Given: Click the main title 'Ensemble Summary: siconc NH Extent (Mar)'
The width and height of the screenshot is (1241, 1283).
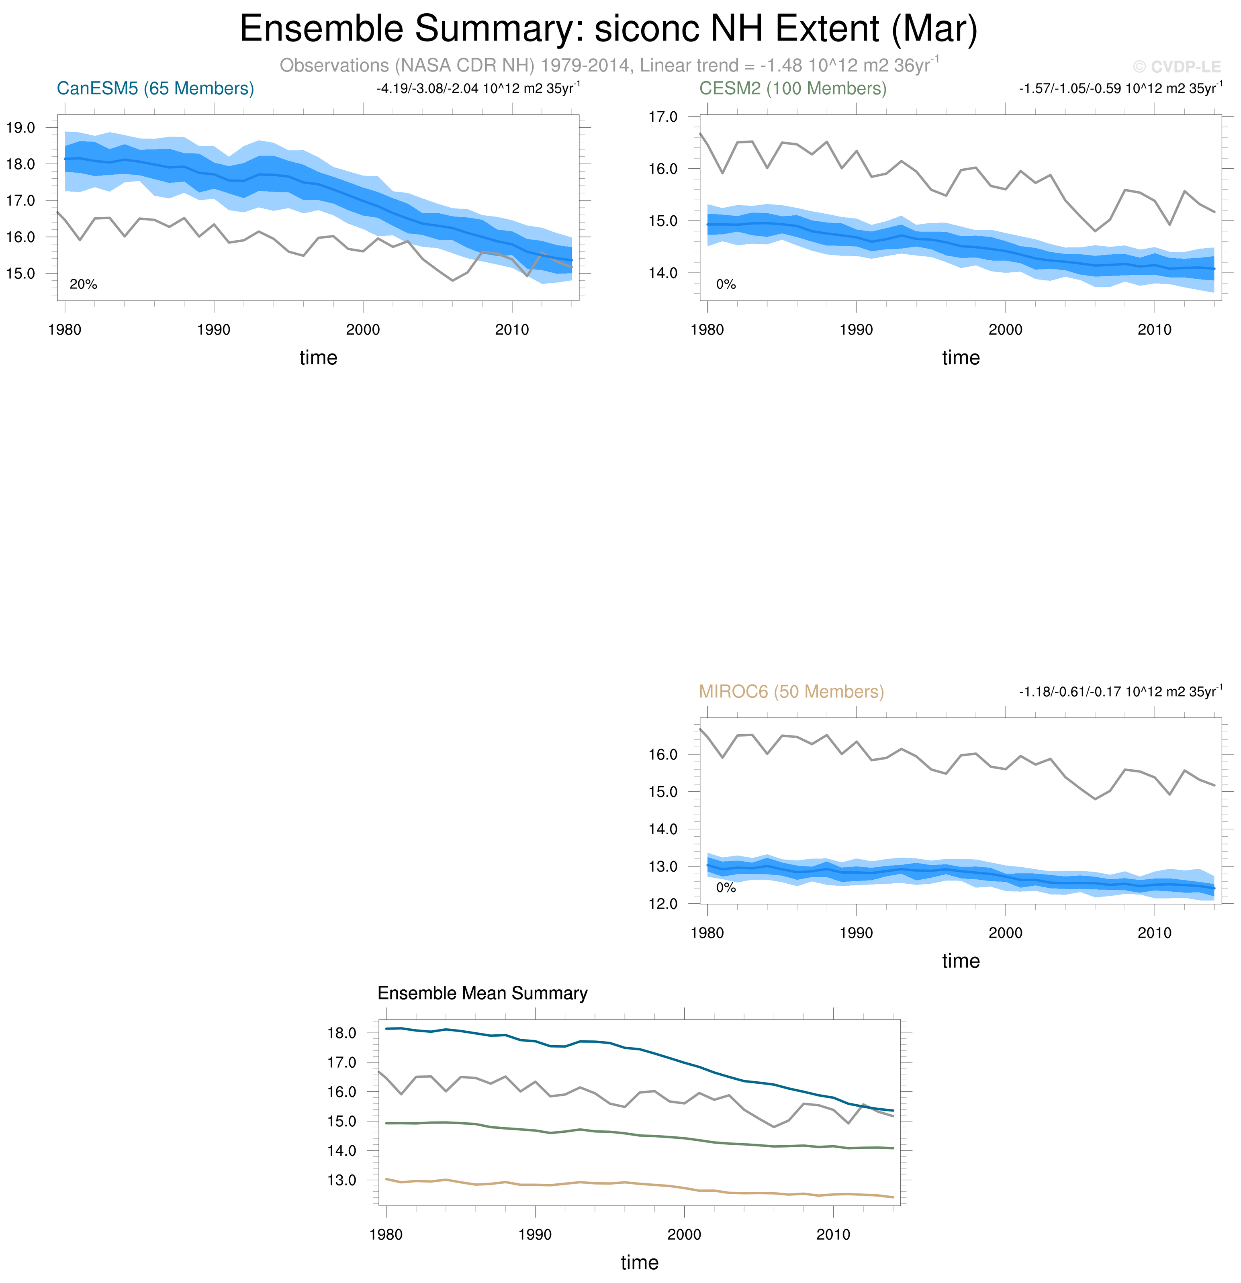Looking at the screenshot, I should tap(608, 29).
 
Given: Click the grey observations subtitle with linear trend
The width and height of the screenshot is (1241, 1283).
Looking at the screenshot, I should tap(608, 65).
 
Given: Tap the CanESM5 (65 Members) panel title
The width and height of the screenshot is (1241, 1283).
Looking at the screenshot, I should tap(155, 88).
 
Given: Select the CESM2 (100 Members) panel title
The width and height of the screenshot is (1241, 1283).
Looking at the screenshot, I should tap(793, 88).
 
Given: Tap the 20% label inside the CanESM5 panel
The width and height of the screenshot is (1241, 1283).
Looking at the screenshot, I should tap(83, 284).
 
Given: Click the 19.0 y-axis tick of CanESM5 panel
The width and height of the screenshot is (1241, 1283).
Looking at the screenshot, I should tap(21, 128).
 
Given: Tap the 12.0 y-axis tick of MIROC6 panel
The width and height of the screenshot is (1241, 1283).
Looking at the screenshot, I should tap(663, 904).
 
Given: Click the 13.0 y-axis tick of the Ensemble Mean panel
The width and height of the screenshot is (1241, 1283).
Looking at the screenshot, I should tap(341, 1180).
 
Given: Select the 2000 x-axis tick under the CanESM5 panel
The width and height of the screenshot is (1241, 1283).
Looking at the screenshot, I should tap(363, 330).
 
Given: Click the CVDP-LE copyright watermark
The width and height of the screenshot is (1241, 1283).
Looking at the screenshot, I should tap(1176, 67).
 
